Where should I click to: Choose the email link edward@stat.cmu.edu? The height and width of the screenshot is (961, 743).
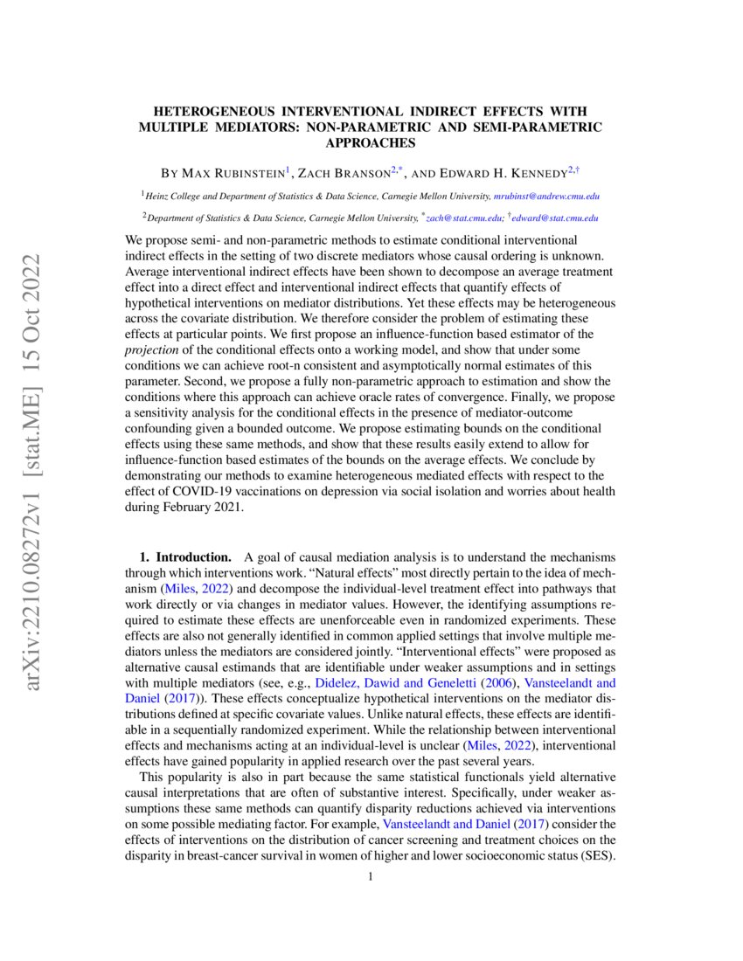(559, 218)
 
